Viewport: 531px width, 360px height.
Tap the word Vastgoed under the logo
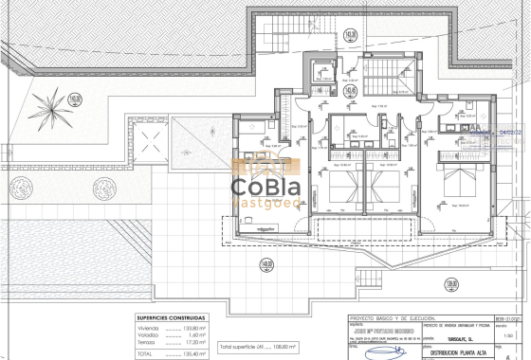pyautogui.click(x=265, y=200)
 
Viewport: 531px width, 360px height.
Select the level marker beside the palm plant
pyautogui.click(x=75, y=97)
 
